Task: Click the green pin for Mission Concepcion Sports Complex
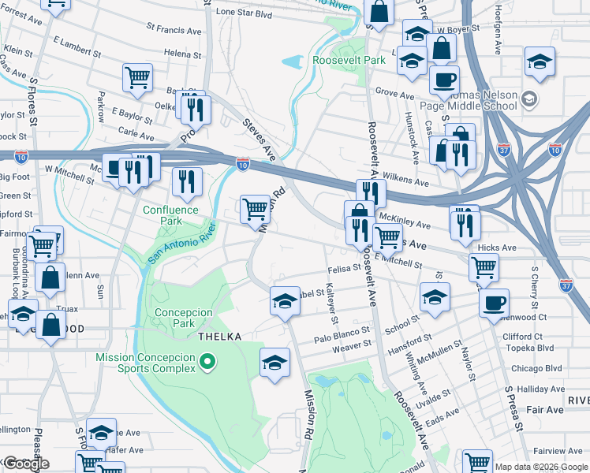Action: tap(207, 363)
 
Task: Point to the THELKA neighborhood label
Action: tap(218, 337)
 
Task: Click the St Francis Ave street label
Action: tap(174, 31)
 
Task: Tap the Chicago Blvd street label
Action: tap(536, 368)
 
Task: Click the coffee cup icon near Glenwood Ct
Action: tap(494, 303)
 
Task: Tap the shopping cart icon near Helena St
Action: tap(137, 77)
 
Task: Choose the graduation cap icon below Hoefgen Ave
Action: tap(540, 61)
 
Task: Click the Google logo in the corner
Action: tap(26, 464)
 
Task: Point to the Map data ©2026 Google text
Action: tap(541, 467)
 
